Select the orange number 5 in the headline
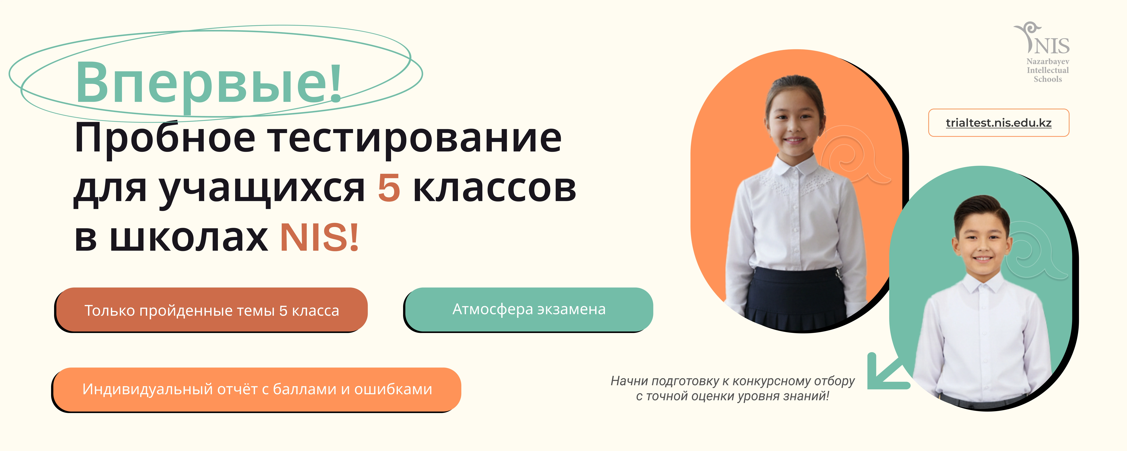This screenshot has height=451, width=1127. pyautogui.click(x=389, y=188)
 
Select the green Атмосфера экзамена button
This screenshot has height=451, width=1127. pyautogui.click(x=528, y=309)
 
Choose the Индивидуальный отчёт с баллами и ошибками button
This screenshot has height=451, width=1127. pyautogui.click(x=257, y=389)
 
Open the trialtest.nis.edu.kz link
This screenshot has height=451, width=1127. pyautogui.click(x=999, y=123)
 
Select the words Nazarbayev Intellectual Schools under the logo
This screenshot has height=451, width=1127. pyautogui.click(x=1048, y=70)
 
